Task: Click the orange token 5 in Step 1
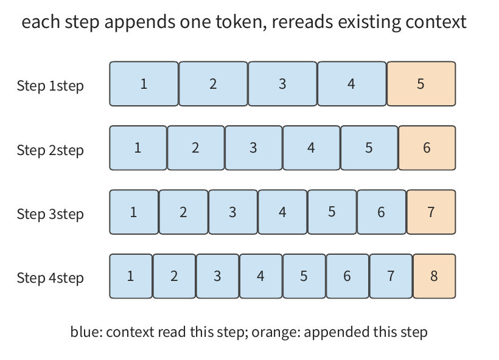click(x=421, y=84)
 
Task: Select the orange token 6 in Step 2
click(x=427, y=148)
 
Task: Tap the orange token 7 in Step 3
click(x=431, y=212)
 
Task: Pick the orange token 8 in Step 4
click(x=434, y=276)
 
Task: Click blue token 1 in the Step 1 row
click(x=144, y=84)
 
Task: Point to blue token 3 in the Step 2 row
click(x=254, y=148)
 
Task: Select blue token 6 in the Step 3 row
click(x=382, y=212)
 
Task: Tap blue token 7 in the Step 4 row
click(x=391, y=276)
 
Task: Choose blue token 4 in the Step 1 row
click(x=352, y=84)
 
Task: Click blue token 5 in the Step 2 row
click(x=369, y=148)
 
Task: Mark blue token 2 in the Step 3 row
click(x=183, y=212)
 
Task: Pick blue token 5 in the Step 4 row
click(x=304, y=276)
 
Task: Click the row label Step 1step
click(x=51, y=86)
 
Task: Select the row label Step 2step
click(x=51, y=150)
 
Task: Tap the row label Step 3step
click(x=51, y=213)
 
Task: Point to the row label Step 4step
click(x=51, y=278)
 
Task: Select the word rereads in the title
click(x=302, y=22)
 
